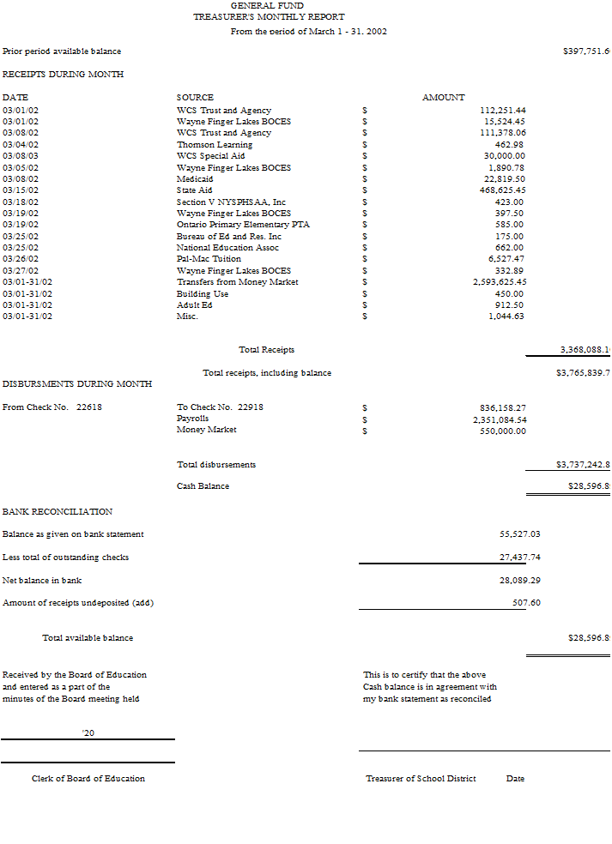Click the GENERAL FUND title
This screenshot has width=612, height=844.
pos(267,6)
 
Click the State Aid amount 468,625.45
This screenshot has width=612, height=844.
pos(502,190)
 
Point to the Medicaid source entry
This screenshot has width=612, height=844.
pos(195,179)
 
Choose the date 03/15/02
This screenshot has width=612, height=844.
pos(21,190)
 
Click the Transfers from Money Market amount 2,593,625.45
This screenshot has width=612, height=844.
pos(500,282)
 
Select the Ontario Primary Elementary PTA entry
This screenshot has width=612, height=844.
pos(243,225)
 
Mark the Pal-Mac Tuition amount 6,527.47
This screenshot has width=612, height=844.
pos(506,259)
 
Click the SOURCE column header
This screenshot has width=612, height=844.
pos(195,98)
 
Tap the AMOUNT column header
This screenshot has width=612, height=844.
pos(443,98)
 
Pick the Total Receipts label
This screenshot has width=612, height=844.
pos(266,350)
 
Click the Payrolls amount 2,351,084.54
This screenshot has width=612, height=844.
pos(500,419)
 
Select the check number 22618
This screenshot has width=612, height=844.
pos(89,407)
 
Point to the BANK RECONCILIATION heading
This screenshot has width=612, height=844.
pos(58,512)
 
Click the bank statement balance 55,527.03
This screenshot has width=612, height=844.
pos(519,534)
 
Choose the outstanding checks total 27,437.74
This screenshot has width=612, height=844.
pos(519,558)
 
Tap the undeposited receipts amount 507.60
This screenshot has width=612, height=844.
pos(526,603)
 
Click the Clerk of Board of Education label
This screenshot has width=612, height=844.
pos(88,779)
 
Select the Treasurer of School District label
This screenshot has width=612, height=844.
pos(421,779)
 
